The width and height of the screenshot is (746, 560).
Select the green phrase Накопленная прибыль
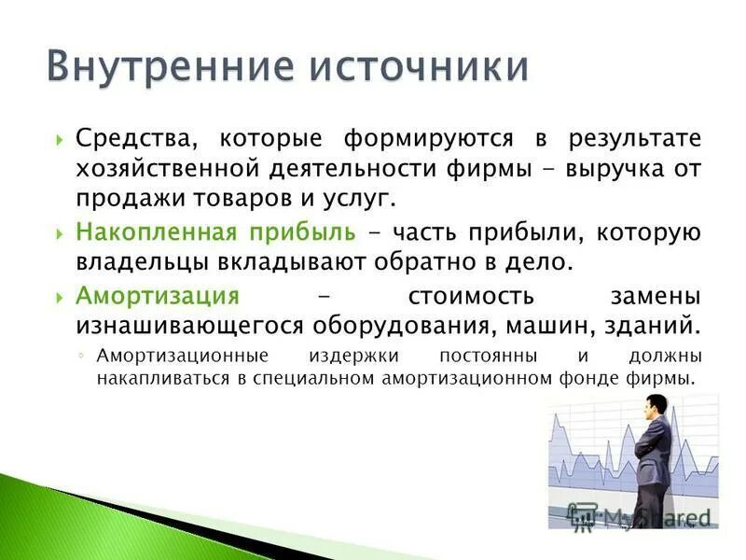coord(215,231)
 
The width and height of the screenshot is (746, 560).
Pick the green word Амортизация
coord(158,296)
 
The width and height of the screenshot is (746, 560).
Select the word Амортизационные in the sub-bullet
coord(183,357)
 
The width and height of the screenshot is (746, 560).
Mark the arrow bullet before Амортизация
coord(60,297)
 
